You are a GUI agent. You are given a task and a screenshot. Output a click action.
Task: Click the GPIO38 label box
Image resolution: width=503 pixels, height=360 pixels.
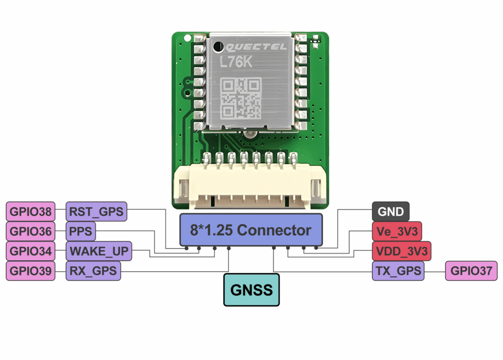coord(30,212)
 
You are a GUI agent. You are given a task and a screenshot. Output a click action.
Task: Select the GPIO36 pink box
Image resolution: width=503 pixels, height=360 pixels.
coord(30,231)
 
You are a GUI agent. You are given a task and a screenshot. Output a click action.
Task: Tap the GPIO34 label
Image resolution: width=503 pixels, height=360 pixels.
coord(30,251)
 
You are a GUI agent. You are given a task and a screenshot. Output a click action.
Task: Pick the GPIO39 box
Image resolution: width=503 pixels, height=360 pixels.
coord(30,271)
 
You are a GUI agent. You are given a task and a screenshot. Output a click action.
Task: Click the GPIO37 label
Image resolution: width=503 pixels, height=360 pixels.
coord(471,271)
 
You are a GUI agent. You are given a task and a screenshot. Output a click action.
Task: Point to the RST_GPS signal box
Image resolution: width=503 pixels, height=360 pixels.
coord(96,212)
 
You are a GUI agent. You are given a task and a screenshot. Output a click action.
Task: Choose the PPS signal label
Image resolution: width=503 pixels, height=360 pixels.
coord(81,231)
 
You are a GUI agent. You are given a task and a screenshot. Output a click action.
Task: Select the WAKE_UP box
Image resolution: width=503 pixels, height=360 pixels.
coord(99,251)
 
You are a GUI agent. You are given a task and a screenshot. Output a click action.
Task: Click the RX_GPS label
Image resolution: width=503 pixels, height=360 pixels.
coord(93,271)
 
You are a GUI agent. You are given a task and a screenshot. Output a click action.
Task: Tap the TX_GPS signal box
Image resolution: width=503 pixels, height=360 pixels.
coord(398,271)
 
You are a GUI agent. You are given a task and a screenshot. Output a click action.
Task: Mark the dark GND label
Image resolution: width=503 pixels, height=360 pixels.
coord(391,212)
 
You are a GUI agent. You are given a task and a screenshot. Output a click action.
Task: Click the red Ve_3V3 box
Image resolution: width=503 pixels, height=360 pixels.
coord(397,231)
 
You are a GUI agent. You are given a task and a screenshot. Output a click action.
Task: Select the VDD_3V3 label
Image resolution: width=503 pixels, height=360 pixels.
coord(402,251)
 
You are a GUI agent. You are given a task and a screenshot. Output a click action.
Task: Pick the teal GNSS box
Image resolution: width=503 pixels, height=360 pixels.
coord(251,290)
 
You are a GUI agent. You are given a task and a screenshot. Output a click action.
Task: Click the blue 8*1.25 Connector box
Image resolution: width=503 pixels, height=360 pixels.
coord(251,230)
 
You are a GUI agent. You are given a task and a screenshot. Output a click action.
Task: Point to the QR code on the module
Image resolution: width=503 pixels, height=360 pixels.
coord(241,98)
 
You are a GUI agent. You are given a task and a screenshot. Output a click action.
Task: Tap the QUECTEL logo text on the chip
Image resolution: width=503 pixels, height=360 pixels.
coord(255,47)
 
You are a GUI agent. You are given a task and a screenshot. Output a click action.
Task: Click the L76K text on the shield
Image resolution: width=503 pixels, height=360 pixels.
coord(236,62)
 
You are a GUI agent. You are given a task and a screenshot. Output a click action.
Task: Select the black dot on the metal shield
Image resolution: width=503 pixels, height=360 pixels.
coord(219,47)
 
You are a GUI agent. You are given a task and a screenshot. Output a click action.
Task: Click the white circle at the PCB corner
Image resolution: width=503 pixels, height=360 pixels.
coord(187,38)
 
